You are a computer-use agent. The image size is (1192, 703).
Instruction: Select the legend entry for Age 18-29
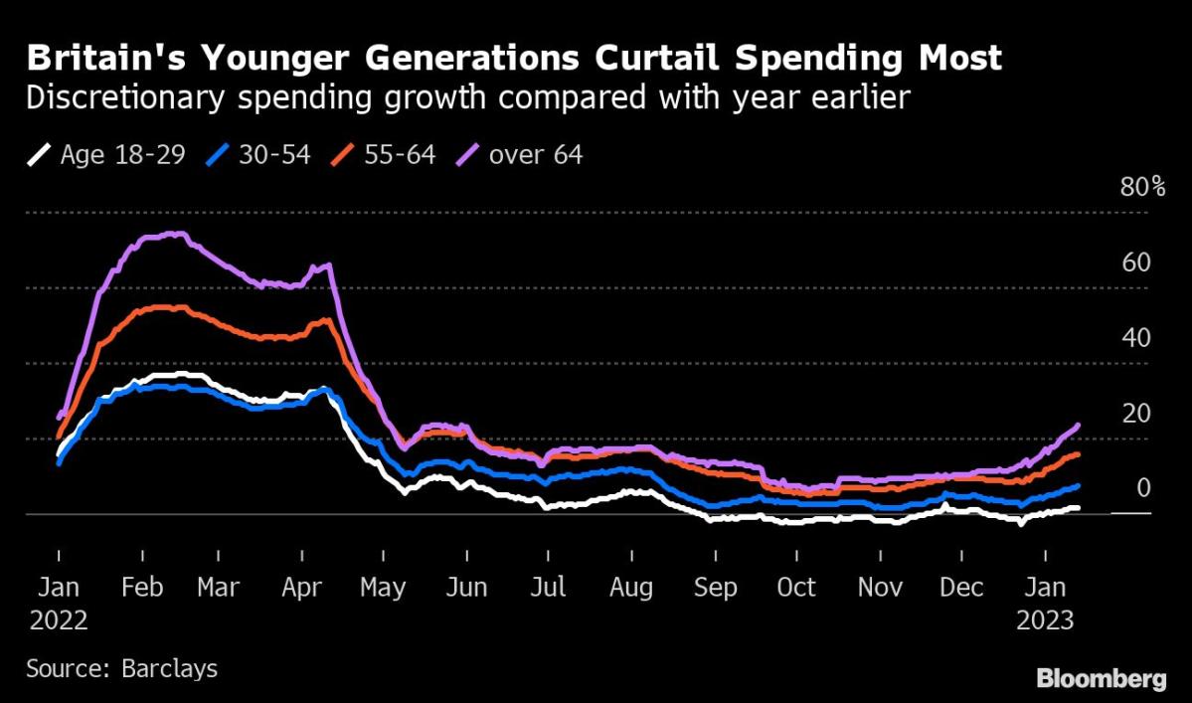[108, 155]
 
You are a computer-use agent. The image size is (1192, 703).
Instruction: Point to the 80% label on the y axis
[1143, 188]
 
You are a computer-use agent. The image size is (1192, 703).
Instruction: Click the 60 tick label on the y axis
[1136, 264]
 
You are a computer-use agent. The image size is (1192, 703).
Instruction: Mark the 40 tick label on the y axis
[1136, 339]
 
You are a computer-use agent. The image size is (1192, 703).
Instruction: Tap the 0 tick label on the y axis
[1143, 488]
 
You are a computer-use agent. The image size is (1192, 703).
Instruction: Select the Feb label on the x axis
[141, 588]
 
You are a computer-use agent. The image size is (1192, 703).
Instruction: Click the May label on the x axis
[382, 588]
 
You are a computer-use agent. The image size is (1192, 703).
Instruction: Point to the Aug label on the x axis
[630, 588]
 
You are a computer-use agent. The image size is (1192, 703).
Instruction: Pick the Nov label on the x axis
[879, 588]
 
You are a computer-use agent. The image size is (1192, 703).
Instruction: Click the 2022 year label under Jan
[59, 621]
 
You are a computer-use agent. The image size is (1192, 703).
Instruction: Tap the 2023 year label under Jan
[1045, 621]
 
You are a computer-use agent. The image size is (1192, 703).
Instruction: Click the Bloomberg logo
[1101, 680]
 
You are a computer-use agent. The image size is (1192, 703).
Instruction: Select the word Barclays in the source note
[169, 667]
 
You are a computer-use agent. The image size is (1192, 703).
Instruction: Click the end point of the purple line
[1078, 426]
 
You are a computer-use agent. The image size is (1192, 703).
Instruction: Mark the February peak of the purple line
[174, 235]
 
